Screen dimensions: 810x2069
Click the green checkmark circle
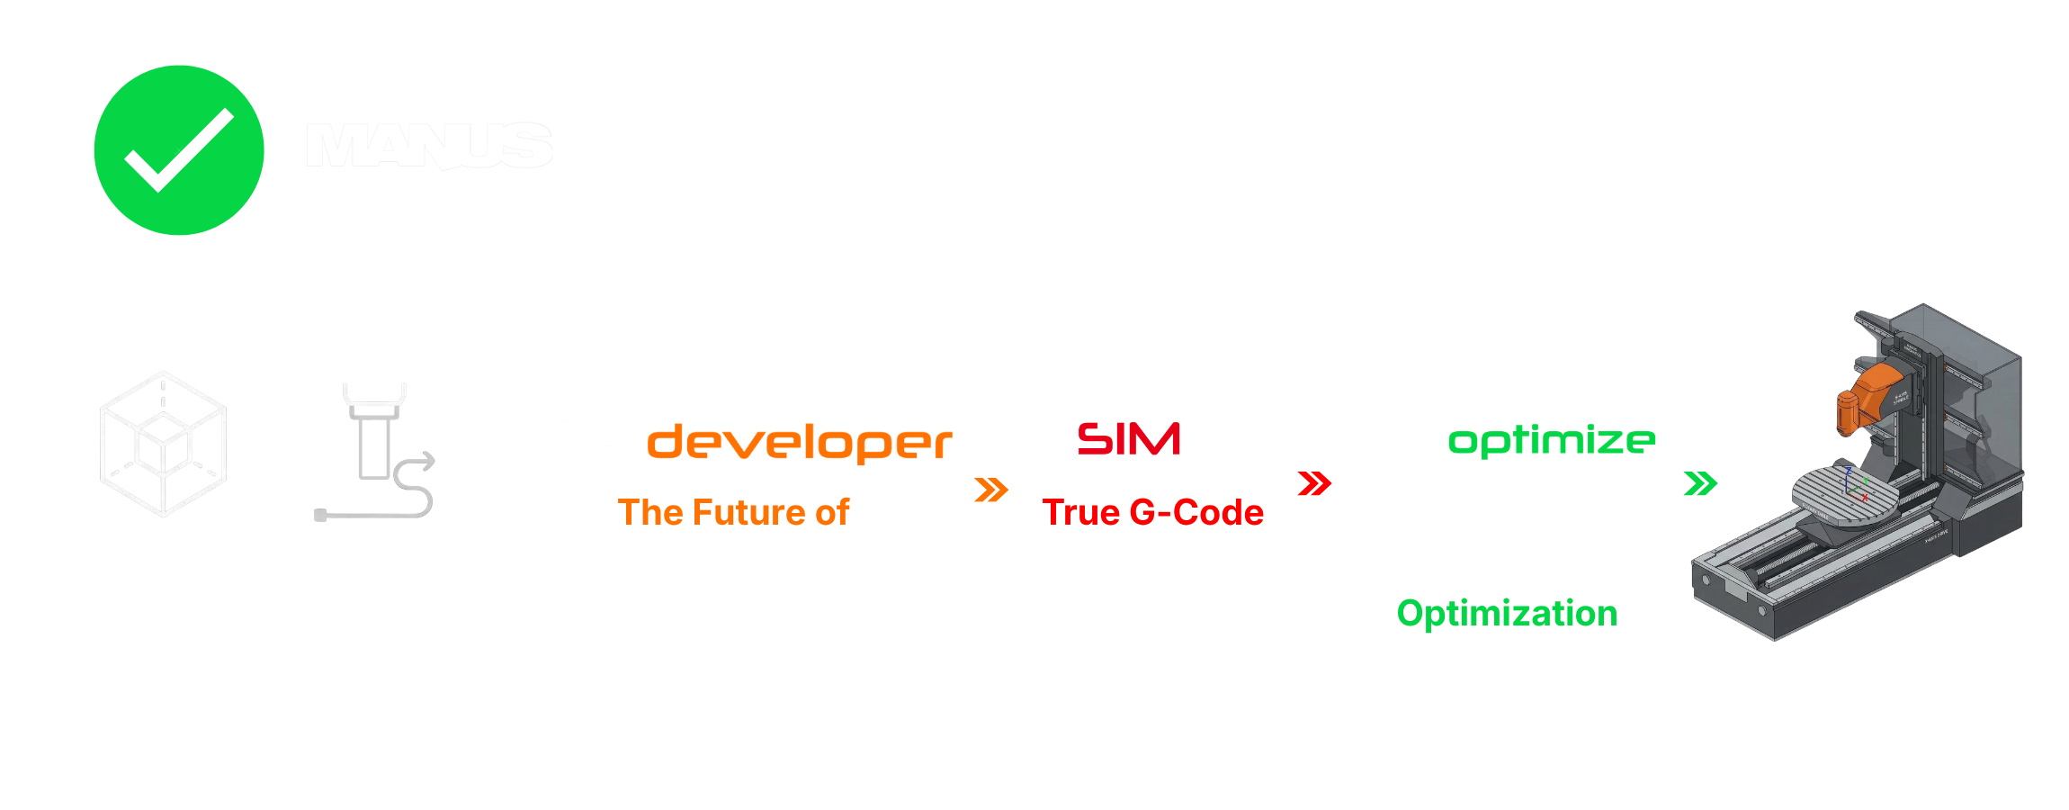pyautogui.click(x=179, y=150)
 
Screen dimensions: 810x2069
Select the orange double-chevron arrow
pyautogui.click(x=990, y=490)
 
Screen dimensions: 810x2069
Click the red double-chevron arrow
pyautogui.click(x=1314, y=483)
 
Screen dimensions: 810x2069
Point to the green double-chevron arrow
pyautogui.click(x=1700, y=483)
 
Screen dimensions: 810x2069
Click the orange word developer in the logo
pyautogui.click(x=799, y=443)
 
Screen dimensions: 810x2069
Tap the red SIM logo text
pyautogui.click(x=1129, y=439)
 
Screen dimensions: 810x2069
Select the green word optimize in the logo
pyautogui.click(x=1552, y=440)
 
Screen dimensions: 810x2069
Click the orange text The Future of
pyautogui.click(x=733, y=512)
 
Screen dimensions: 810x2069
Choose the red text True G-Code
pyautogui.click(x=1152, y=512)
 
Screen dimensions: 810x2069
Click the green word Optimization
pyautogui.click(x=1507, y=613)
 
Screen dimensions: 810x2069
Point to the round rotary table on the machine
pyautogui.click(x=1844, y=490)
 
